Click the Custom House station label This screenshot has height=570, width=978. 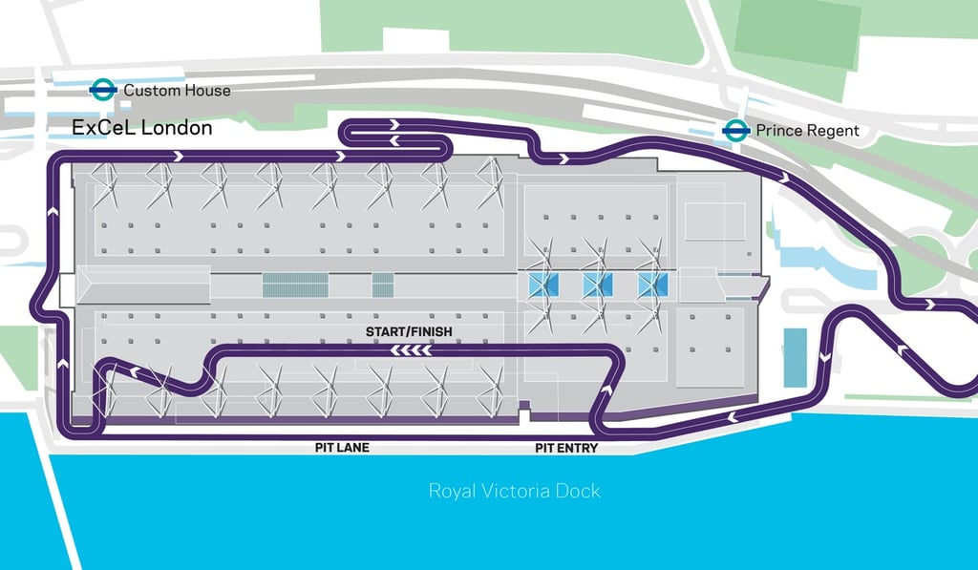click(177, 91)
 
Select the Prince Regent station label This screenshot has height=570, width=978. click(807, 131)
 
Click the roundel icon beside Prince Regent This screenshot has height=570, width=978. click(734, 131)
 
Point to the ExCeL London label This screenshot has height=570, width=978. click(142, 128)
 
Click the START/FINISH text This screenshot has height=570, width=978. click(409, 332)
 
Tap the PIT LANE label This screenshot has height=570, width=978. click(342, 447)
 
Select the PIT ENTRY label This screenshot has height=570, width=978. click(566, 447)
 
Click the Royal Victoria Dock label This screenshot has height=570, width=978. click(514, 492)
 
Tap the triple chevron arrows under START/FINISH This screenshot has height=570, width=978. click(410, 350)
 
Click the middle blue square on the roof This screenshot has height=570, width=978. click(597, 284)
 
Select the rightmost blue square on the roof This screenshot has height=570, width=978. click(653, 284)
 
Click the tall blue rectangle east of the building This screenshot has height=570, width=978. click(795, 357)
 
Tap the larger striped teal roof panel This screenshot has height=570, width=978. click(295, 285)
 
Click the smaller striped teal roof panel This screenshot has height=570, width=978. click(383, 285)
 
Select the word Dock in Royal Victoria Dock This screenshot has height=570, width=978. click(580, 492)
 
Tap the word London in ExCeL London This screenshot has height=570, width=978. click(177, 128)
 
